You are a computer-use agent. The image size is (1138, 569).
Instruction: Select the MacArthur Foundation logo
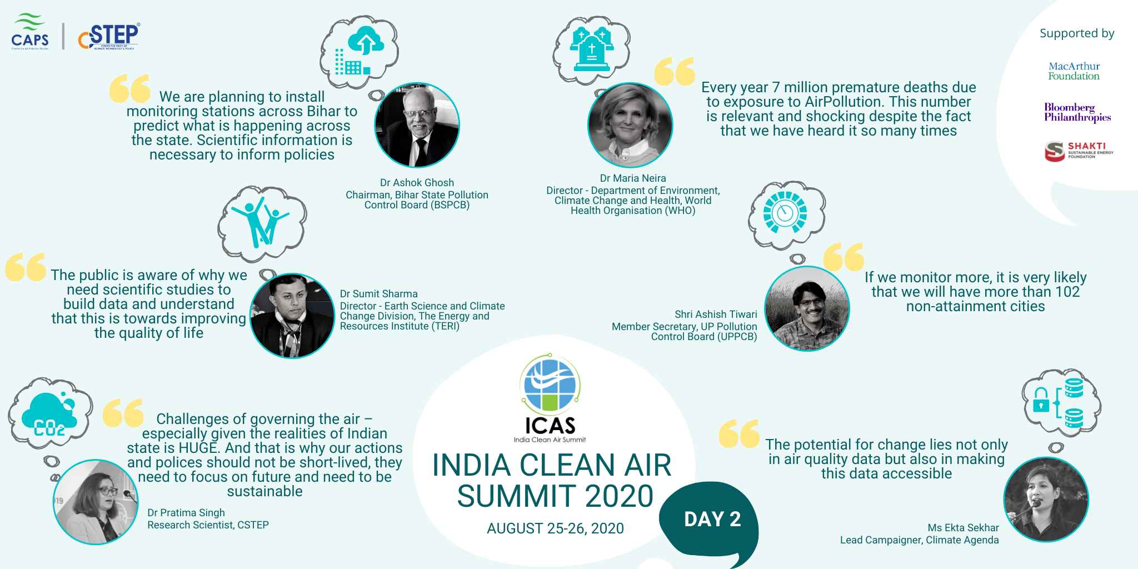pyautogui.click(x=1074, y=71)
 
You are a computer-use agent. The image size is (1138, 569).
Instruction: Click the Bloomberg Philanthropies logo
pyautogui.click(x=1077, y=113)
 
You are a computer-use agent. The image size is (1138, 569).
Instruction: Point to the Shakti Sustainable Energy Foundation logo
pyautogui.click(x=1079, y=151)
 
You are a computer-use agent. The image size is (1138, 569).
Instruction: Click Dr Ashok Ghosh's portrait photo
pyautogui.click(x=417, y=125)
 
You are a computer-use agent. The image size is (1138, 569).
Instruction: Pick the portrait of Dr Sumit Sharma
pyautogui.click(x=292, y=315)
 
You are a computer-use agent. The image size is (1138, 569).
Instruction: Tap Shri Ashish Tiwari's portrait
pyautogui.click(x=807, y=308)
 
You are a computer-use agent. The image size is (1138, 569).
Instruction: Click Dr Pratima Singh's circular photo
pyautogui.click(x=96, y=501)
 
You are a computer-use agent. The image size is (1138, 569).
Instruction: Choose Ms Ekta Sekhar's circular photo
pyautogui.click(x=1046, y=500)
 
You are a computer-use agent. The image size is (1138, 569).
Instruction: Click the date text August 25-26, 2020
pyautogui.click(x=555, y=528)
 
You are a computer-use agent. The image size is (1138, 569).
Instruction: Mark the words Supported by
pyautogui.click(x=1077, y=33)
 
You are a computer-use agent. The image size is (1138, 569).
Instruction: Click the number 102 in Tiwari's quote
pyautogui.click(x=1067, y=292)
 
